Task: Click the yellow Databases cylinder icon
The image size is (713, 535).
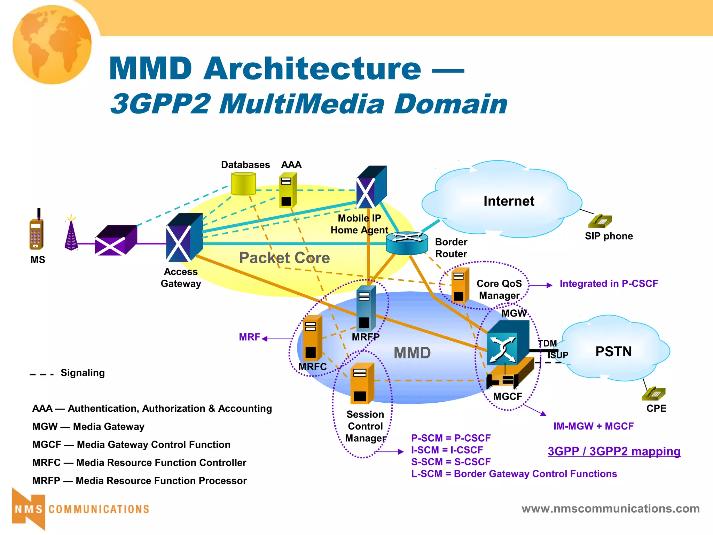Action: [243, 184]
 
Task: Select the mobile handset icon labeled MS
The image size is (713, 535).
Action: [37, 232]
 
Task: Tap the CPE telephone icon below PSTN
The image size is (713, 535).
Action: [653, 394]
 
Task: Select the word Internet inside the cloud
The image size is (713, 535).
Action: [509, 201]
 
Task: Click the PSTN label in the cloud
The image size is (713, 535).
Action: [613, 351]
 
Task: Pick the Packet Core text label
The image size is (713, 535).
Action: [284, 258]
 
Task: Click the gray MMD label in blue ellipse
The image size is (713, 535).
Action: [412, 353]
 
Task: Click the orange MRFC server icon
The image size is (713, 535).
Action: [312, 339]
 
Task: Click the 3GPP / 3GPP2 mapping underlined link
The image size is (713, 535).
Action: [614, 451]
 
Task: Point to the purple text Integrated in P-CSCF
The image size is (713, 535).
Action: [609, 284]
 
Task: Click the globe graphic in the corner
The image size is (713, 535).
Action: [52, 45]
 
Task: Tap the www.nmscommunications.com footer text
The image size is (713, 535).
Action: [610, 509]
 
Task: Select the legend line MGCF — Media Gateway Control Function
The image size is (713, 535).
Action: [131, 444]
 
